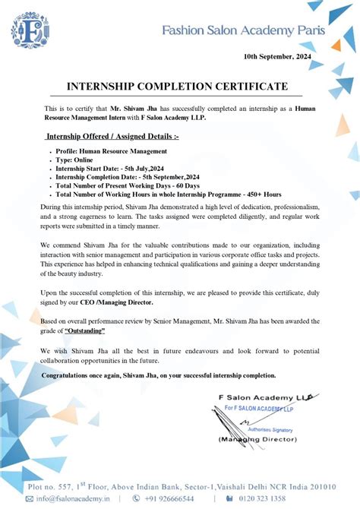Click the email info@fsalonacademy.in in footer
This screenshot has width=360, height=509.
73,499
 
